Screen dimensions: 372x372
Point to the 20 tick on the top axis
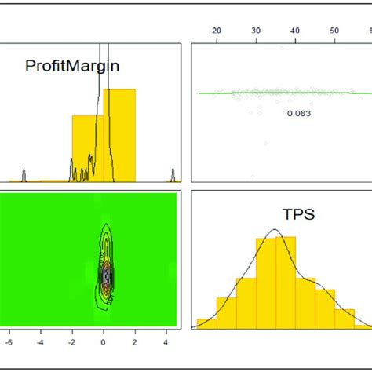217,31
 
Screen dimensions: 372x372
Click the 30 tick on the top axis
256,31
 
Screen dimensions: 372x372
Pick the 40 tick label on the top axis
295,31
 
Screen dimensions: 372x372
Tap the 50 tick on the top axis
334,31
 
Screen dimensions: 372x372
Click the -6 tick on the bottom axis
8,342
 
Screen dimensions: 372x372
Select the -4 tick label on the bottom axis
40,342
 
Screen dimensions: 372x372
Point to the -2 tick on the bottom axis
71,342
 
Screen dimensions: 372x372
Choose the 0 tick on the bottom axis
104,342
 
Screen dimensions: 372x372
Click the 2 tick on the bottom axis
135,342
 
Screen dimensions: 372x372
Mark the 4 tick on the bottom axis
166,342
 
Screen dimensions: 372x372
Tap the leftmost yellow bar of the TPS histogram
206,323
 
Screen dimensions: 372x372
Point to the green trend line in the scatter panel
235,93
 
